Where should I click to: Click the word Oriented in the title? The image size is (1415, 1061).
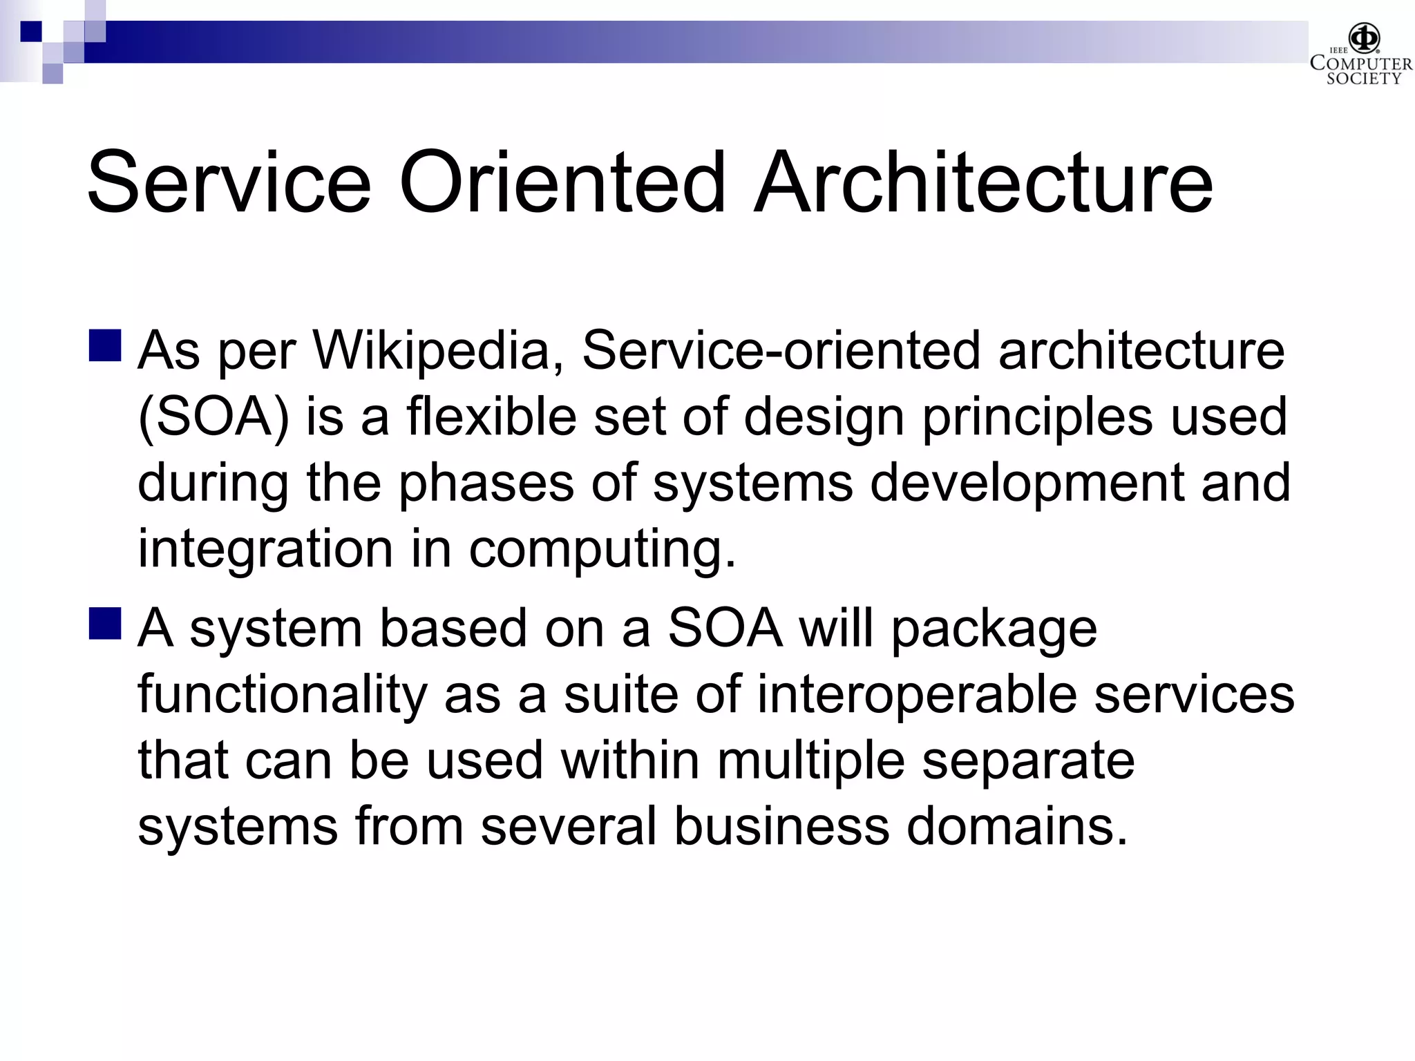click(562, 182)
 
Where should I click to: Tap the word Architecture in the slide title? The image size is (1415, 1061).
click(982, 182)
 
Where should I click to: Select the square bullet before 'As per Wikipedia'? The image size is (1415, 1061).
click(105, 345)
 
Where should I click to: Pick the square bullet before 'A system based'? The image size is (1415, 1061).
click(105, 624)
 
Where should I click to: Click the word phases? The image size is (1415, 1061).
click(486, 484)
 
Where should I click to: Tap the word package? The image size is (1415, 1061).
click(994, 630)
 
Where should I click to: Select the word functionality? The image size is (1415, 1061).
click(283, 695)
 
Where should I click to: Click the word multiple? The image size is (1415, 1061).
click(810, 761)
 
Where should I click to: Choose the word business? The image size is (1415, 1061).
click(781, 826)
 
